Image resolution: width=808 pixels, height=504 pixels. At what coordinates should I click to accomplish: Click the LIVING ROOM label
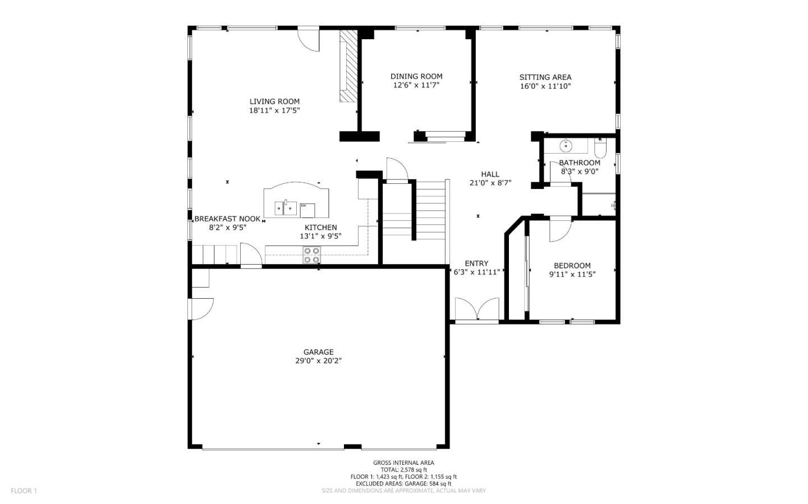click(274, 101)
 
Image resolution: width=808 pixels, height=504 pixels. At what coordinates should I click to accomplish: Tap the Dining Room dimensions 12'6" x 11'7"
click(416, 85)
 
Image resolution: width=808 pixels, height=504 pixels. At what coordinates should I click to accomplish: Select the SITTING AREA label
click(545, 77)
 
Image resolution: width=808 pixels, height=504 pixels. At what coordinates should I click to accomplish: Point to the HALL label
click(490, 174)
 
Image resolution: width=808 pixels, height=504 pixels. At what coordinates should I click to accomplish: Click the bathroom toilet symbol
click(600, 148)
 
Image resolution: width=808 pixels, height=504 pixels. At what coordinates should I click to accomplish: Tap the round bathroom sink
click(566, 146)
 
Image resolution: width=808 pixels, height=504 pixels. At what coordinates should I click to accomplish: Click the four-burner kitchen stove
click(311, 255)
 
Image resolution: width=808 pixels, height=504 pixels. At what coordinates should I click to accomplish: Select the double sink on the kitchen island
click(286, 208)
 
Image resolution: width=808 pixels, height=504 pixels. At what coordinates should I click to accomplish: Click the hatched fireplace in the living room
click(348, 66)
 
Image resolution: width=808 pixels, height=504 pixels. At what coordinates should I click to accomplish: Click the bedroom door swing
click(560, 230)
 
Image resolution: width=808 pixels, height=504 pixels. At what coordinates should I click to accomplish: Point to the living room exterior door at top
click(309, 40)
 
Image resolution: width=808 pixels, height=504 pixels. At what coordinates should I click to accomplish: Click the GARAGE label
click(319, 352)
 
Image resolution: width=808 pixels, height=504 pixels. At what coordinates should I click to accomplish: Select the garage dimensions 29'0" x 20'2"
click(319, 361)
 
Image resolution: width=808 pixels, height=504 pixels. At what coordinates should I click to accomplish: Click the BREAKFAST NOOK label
click(228, 219)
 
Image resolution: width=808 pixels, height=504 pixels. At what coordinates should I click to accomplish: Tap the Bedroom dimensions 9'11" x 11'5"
click(572, 274)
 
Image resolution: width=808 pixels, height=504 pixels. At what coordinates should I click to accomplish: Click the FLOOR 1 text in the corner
click(24, 491)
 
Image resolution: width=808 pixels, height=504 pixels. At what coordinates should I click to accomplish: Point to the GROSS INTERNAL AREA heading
click(403, 463)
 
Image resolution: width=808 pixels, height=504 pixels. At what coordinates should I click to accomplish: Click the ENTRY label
click(476, 263)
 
